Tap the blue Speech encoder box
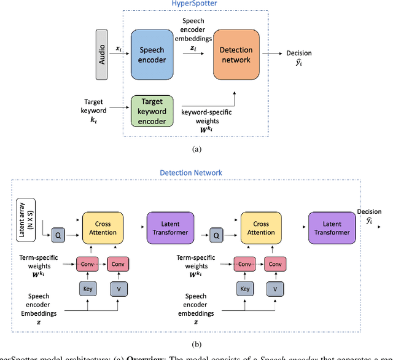(x=151, y=53)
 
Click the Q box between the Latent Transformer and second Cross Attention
(x=216, y=234)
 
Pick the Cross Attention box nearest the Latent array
(x=103, y=229)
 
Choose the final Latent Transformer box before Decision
(x=332, y=229)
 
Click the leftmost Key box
(x=87, y=289)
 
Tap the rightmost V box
(x=274, y=289)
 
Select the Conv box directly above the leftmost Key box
(x=87, y=265)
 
